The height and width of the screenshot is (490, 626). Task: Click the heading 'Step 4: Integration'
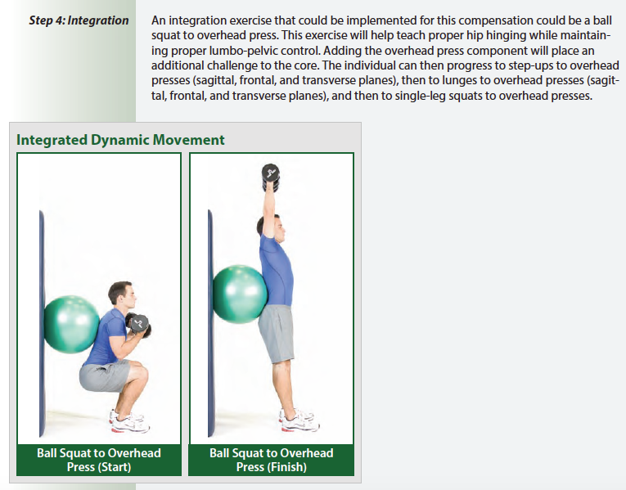coord(79,20)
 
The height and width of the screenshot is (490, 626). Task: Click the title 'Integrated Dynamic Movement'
coord(120,140)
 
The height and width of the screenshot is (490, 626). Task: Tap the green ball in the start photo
coord(71,325)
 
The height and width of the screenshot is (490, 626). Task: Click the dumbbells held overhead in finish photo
coord(271,175)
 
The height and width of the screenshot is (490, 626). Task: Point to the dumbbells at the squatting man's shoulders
coord(139,325)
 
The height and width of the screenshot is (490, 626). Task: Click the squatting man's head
coord(120,295)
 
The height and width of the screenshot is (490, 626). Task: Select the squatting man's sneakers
coord(128,421)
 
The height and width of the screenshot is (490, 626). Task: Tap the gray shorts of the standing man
coord(277,334)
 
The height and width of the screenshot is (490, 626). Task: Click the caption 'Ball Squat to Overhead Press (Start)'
coord(99,460)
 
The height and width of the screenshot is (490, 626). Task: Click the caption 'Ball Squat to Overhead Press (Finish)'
coord(272,460)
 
